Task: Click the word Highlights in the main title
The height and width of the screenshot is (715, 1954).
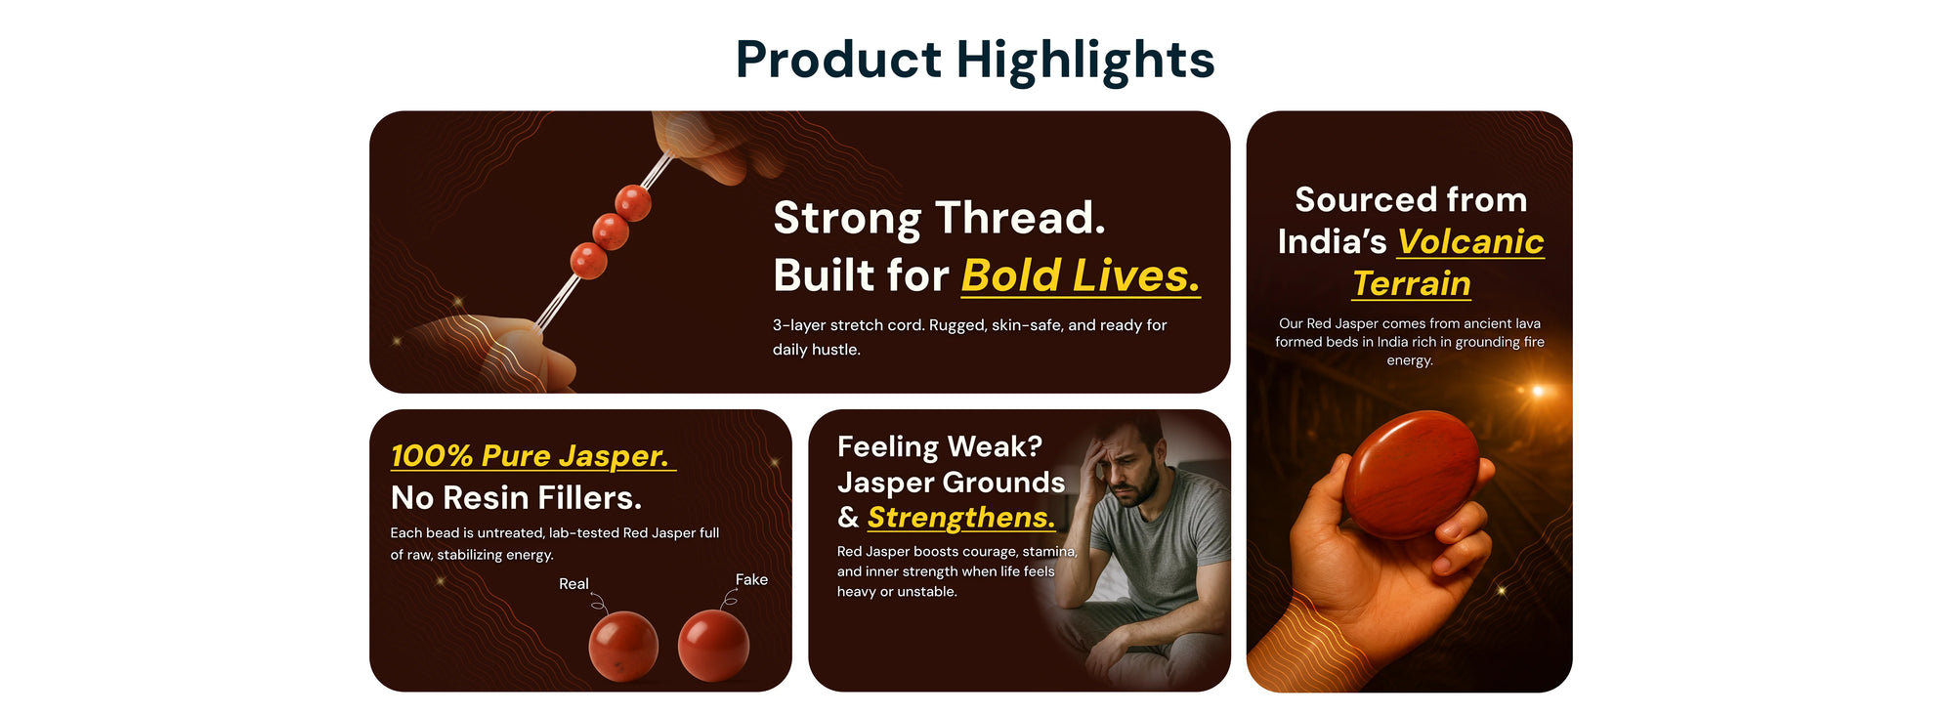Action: coord(1085,61)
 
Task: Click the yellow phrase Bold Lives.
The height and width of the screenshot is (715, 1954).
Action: coord(1081,275)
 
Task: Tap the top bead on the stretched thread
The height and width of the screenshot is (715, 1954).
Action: coord(633,203)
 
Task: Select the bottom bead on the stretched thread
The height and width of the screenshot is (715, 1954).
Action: coord(588,261)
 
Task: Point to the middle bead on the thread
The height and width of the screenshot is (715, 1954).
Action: coord(611,232)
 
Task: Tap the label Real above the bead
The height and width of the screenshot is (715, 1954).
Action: coord(573,584)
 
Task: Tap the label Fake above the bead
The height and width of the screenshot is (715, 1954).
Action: coord(751,580)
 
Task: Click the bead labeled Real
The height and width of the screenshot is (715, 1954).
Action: coord(623,646)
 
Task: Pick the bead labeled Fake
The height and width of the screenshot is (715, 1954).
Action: coord(713,646)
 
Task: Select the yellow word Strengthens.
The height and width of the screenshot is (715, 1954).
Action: coord(961,518)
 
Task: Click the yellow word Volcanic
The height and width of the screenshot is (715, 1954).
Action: coord(1470,241)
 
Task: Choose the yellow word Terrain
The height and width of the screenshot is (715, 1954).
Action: coord(1411,283)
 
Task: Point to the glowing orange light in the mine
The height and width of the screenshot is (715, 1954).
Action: coord(1537,391)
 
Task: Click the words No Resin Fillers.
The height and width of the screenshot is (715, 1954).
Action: coord(516,498)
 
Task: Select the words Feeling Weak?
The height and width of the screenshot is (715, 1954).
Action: coord(940,446)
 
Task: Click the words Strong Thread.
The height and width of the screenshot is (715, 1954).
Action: coord(939,218)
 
